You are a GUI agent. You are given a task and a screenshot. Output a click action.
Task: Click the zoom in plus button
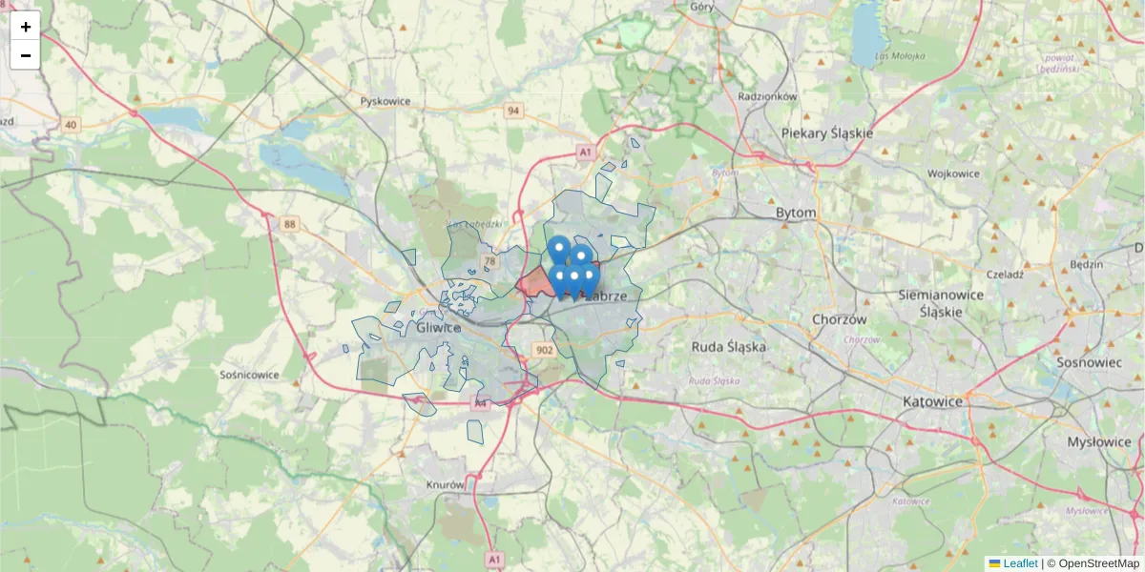click(25, 26)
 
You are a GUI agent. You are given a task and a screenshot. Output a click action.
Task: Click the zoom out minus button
click(25, 55)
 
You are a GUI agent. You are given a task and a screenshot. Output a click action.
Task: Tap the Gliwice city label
click(439, 328)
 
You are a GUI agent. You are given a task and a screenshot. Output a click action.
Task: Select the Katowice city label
click(932, 401)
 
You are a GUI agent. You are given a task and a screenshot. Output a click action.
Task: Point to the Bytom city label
click(796, 213)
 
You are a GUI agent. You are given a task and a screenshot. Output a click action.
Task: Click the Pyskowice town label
click(385, 100)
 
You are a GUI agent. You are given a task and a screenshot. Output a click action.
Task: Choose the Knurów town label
click(445, 484)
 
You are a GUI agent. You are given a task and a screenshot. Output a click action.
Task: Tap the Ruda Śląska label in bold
click(728, 347)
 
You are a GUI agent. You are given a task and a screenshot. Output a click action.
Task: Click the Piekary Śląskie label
click(826, 133)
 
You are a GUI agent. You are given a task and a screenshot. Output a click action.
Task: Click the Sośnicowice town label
click(249, 375)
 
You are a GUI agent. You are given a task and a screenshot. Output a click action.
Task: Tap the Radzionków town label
click(767, 96)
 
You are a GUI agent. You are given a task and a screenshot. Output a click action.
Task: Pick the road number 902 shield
click(545, 350)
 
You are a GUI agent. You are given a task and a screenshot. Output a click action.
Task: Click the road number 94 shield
click(514, 111)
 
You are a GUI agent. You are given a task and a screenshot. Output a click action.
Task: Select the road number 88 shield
click(290, 224)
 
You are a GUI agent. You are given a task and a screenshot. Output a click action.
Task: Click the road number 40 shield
click(71, 125)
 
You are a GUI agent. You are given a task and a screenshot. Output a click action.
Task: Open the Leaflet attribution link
click(1020, 563)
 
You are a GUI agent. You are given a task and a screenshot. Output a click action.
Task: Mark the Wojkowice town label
click(953, 174)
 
